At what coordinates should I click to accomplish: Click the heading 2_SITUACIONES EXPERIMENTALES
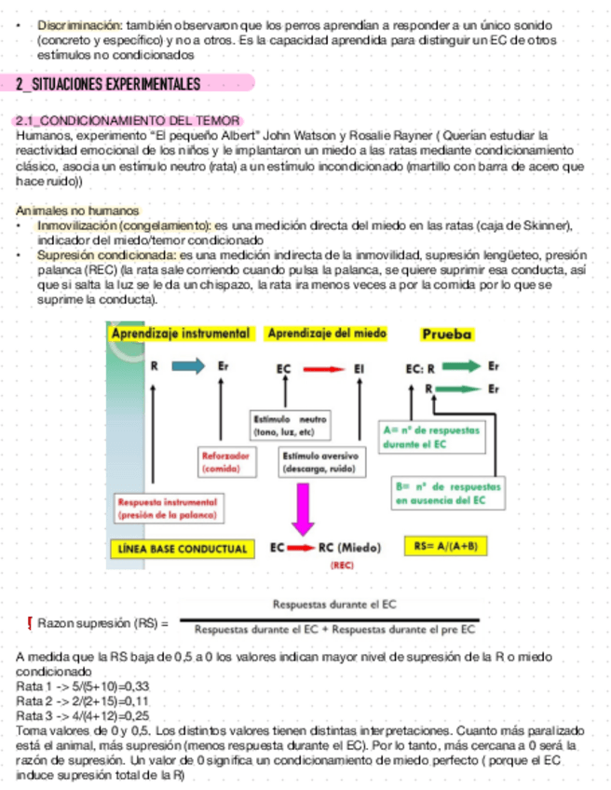click(108, 85)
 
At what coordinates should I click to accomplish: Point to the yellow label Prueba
click(447, 334)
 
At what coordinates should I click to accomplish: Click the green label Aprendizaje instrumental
click(181, 333)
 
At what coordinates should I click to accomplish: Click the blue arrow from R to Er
click(187, 366)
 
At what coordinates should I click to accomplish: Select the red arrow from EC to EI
click(322, 370)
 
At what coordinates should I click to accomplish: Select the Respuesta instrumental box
click(167, 507)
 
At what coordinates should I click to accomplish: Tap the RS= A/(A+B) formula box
click(447, 546)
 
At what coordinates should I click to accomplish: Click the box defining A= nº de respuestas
click(429, 438)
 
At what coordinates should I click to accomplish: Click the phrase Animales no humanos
click(78, 211)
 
